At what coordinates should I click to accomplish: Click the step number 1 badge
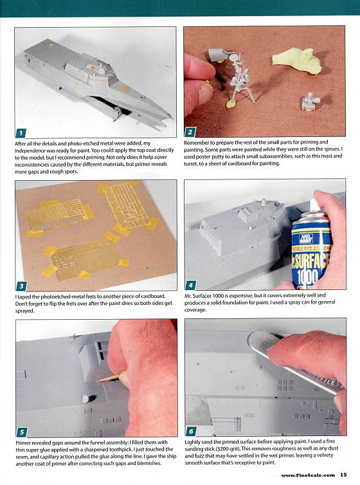[x=21, y=133]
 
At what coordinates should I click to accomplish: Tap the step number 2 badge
[x=190, y=133]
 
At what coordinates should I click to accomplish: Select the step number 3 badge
[x=21, y=286]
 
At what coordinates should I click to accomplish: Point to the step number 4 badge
[x=191, y=285]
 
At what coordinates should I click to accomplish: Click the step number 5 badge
[x=22, y=432]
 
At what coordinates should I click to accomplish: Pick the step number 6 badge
[x=191, y=431]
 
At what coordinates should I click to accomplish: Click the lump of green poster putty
[x=296, y=59]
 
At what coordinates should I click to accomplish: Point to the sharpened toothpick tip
[x=98, y=381]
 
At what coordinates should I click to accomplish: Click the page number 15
[x=343, y=475]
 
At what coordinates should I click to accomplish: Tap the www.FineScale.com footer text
[x=308, y=475]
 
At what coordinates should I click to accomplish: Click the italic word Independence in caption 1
[x=30, y=151]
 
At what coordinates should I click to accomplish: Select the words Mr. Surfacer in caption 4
[x=198, y=296]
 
